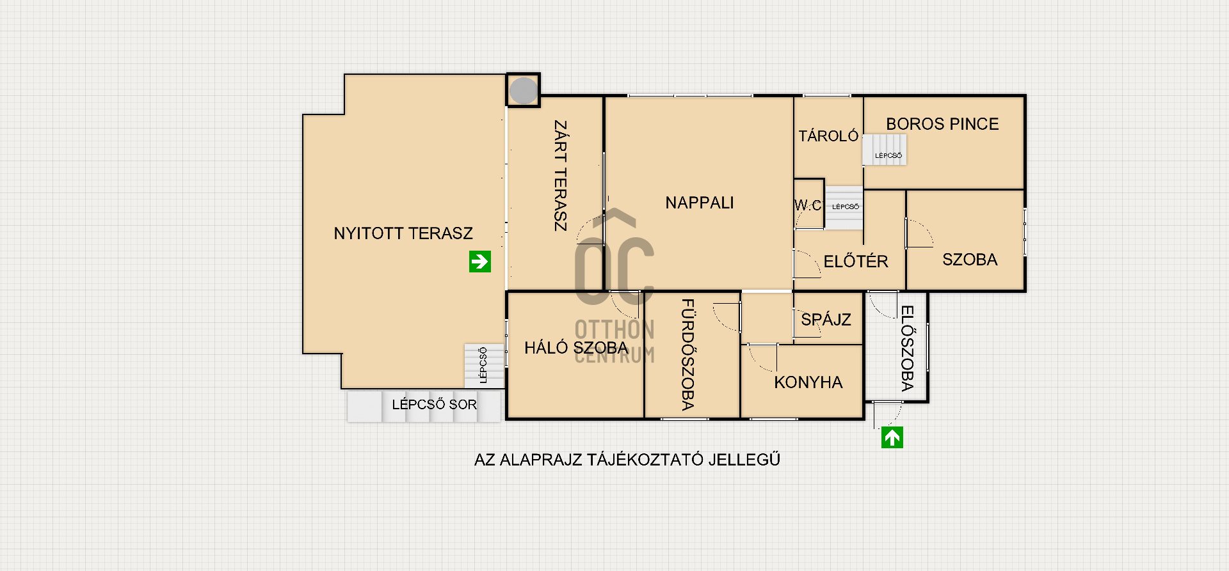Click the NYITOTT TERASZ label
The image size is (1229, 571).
403,233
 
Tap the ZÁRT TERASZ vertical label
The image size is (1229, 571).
560,175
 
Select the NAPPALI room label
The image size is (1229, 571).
700,203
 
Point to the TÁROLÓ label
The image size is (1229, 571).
828,136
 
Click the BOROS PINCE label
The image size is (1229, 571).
942,124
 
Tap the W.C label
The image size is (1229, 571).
808,205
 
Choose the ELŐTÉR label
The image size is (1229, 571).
856,261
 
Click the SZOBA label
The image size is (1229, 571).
970,260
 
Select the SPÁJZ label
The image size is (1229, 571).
826,320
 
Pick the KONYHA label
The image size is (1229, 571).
808,382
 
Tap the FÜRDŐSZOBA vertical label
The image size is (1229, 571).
688,354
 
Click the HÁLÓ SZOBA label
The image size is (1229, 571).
576,348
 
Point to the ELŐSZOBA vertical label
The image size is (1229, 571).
908,348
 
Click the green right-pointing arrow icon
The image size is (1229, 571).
480,262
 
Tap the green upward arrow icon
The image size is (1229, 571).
892,437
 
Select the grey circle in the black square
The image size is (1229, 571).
524,91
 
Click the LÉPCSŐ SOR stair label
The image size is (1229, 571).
435,404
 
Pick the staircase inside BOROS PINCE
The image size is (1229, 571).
884,150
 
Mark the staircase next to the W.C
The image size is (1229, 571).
844,208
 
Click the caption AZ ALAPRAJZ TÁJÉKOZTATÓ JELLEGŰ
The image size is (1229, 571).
627,460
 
